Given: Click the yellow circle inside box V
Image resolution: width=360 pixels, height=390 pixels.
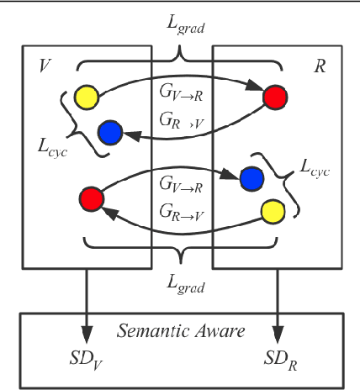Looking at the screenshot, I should [x=86, y=96].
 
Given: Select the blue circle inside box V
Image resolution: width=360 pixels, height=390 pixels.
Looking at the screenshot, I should [x=110, y=132].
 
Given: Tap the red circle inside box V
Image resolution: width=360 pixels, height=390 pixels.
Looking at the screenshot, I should [x=92, y=199].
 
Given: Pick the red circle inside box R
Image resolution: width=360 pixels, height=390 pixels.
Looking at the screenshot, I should [x=274, y=97].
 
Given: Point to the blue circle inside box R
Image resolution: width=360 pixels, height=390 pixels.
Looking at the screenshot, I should [x=251, y=178].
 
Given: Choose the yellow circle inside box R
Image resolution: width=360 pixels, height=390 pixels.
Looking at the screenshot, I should [x=273, y=210].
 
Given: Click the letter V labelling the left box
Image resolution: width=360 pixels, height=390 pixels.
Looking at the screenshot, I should [x=42, y=65].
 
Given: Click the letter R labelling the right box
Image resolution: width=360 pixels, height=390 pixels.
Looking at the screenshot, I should [x=319, y=64].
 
